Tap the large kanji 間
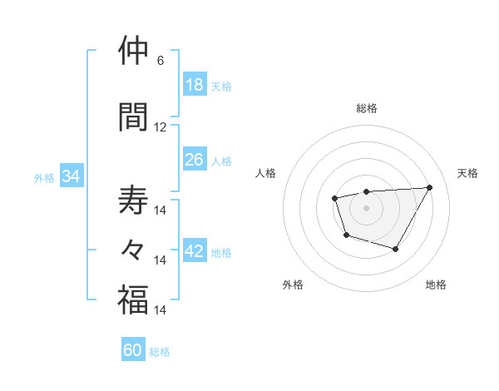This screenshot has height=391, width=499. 133,116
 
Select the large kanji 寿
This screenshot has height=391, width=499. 133,200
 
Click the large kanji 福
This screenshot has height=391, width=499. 133,299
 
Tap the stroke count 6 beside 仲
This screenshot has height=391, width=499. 160,61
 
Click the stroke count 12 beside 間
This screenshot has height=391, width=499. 161,127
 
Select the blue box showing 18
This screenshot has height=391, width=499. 195,85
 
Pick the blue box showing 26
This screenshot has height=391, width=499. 195,160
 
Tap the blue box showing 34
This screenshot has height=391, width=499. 71,176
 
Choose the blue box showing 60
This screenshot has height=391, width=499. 133,350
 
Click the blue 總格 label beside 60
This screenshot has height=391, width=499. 160,352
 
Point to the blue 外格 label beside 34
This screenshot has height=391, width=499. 43,177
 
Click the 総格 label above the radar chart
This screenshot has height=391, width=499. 367,108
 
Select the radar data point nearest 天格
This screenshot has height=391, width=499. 429,187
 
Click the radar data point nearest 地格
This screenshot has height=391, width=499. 396,249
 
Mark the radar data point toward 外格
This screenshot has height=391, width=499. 346,235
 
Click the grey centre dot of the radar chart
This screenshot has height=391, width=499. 366,207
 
